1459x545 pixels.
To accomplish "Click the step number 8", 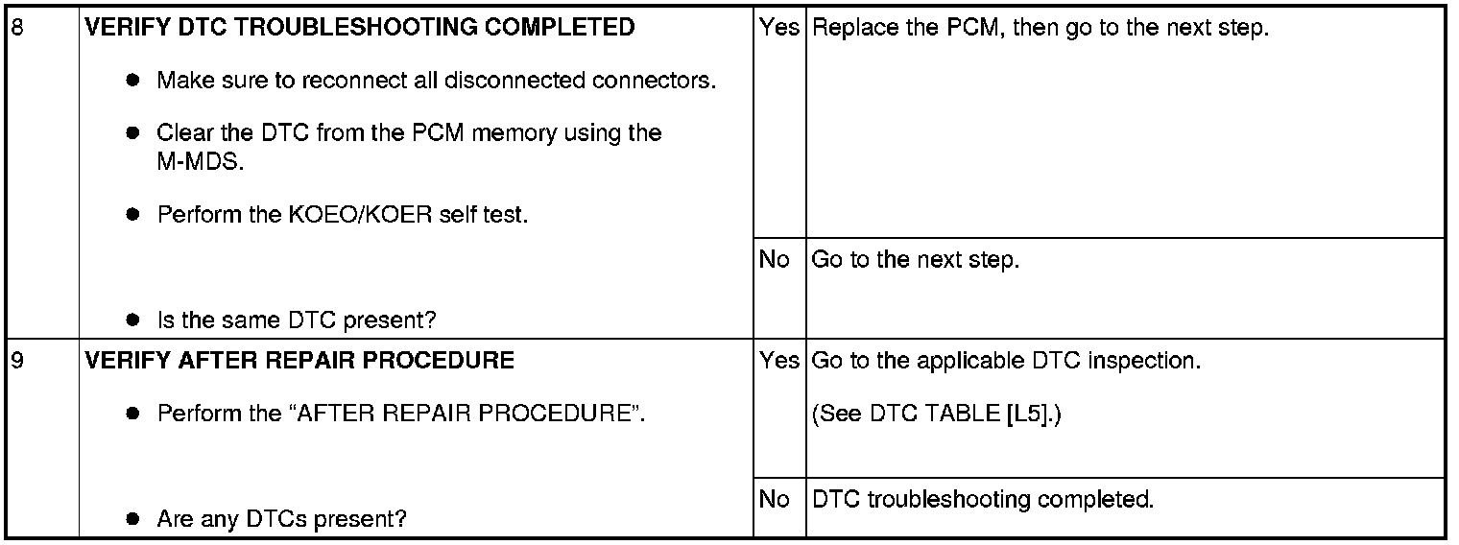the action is [16, 28].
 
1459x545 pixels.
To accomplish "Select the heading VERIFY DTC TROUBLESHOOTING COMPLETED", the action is [360, 28].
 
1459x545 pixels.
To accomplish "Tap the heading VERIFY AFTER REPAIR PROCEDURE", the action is [299, 362].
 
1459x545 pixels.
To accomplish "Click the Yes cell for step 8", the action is [778, 28].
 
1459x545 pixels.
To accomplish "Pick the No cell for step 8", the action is [774, 260].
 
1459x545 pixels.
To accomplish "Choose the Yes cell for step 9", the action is [778, 362].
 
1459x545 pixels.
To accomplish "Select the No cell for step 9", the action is [774, 500].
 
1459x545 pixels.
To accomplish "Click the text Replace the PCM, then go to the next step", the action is [1040, 28].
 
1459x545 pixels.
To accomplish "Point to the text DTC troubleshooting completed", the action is [981, 500].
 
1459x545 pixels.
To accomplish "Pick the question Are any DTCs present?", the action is [281, 520].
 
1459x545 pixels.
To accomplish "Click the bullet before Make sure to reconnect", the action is [134, 81].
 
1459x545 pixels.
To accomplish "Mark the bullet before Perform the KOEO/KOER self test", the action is [134, 215].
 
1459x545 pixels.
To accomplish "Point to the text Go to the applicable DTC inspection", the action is [1006, 362].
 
